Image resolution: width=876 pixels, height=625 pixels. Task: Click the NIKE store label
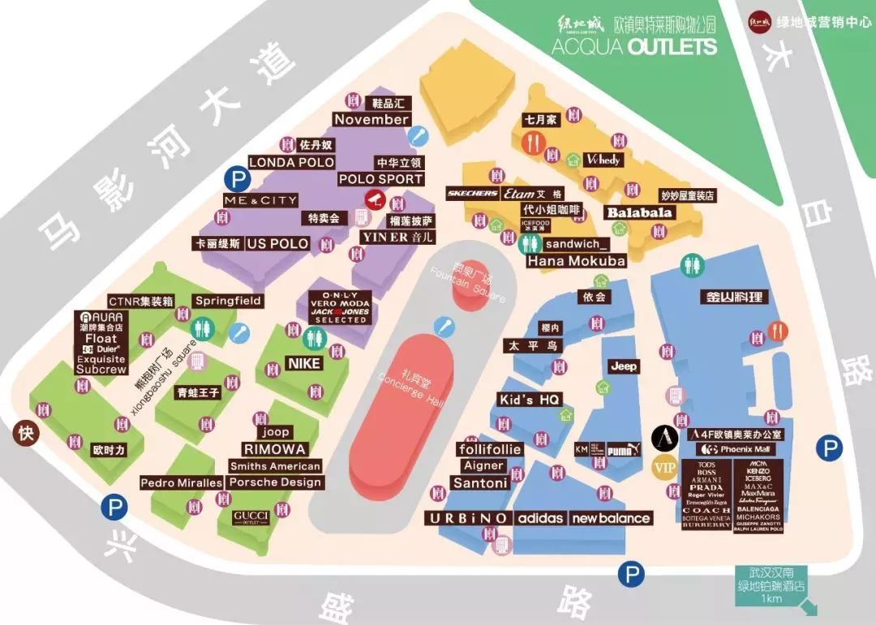[x=304, y=364]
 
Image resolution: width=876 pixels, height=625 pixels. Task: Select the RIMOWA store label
[x=274, y=449]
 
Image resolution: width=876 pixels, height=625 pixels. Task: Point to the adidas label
[x=540, y=518]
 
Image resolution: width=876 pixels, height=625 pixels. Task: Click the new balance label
[x=611, y=518]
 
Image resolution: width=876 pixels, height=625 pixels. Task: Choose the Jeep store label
[x=624, y=366]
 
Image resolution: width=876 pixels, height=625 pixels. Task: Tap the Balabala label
[x=640, y=212]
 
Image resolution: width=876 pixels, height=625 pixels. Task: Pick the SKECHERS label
[x=472, y=194]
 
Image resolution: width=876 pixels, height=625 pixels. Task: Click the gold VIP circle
[x=664, y=468]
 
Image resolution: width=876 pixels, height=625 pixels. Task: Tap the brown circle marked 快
[x=26, y=433]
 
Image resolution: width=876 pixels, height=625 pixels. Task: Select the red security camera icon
[x=374, y=198]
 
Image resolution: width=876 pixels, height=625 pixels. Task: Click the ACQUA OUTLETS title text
[x=633, y=45]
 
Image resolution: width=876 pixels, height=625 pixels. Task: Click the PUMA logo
[x=619, y=449]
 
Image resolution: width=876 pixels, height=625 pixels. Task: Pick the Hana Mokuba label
[x=577, y=261]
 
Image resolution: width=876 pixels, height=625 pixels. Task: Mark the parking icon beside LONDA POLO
[x=236, y=179]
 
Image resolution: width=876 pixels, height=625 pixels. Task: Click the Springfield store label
[x=228, y=301]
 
